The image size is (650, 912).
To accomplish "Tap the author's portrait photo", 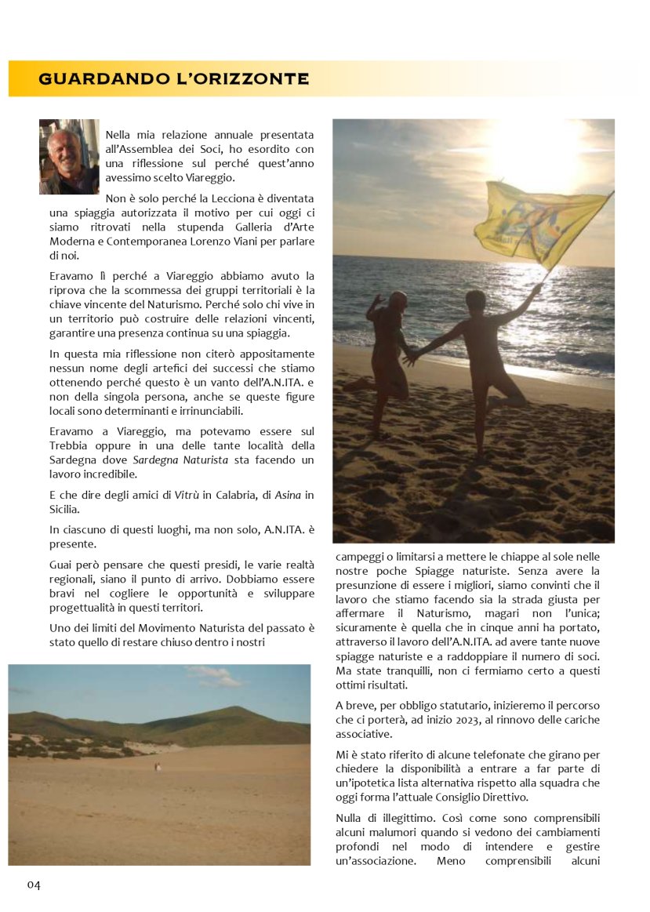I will click(x=69, y=157).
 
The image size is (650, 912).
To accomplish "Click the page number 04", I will click(x=34, y=885).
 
